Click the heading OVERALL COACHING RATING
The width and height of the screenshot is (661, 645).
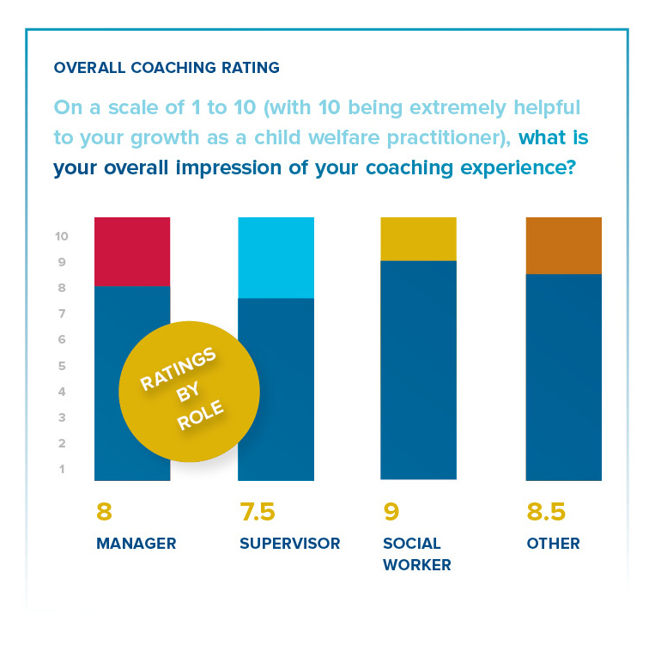[x=166, y=67]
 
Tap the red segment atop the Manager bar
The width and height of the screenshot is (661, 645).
[x=131, y=251]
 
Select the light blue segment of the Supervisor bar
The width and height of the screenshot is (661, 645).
[x=276, y=257]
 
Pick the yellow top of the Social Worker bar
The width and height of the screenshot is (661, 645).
[x=418, y=238]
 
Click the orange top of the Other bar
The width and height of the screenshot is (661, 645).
[x=563, y=245]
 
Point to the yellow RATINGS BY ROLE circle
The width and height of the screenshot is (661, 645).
[x=189, y=392]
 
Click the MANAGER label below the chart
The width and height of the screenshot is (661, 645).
[x=136, y=544]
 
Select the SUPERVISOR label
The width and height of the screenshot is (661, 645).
[x=289, y=544]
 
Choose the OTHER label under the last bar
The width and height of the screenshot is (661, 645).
[x=553, y=544]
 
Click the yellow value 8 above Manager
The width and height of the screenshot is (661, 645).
[x=104, y=513]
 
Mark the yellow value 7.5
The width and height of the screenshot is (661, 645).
[x=258, y=513]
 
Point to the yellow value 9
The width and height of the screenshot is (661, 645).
[x=391, y=513]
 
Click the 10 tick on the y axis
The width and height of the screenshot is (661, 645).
[x=62, y=236]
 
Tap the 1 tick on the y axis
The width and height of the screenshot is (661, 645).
[x=63, y=469]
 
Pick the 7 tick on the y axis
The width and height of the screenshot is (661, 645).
[x=63, y=313]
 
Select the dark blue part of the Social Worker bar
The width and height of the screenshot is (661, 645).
[x=418, y=369]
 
